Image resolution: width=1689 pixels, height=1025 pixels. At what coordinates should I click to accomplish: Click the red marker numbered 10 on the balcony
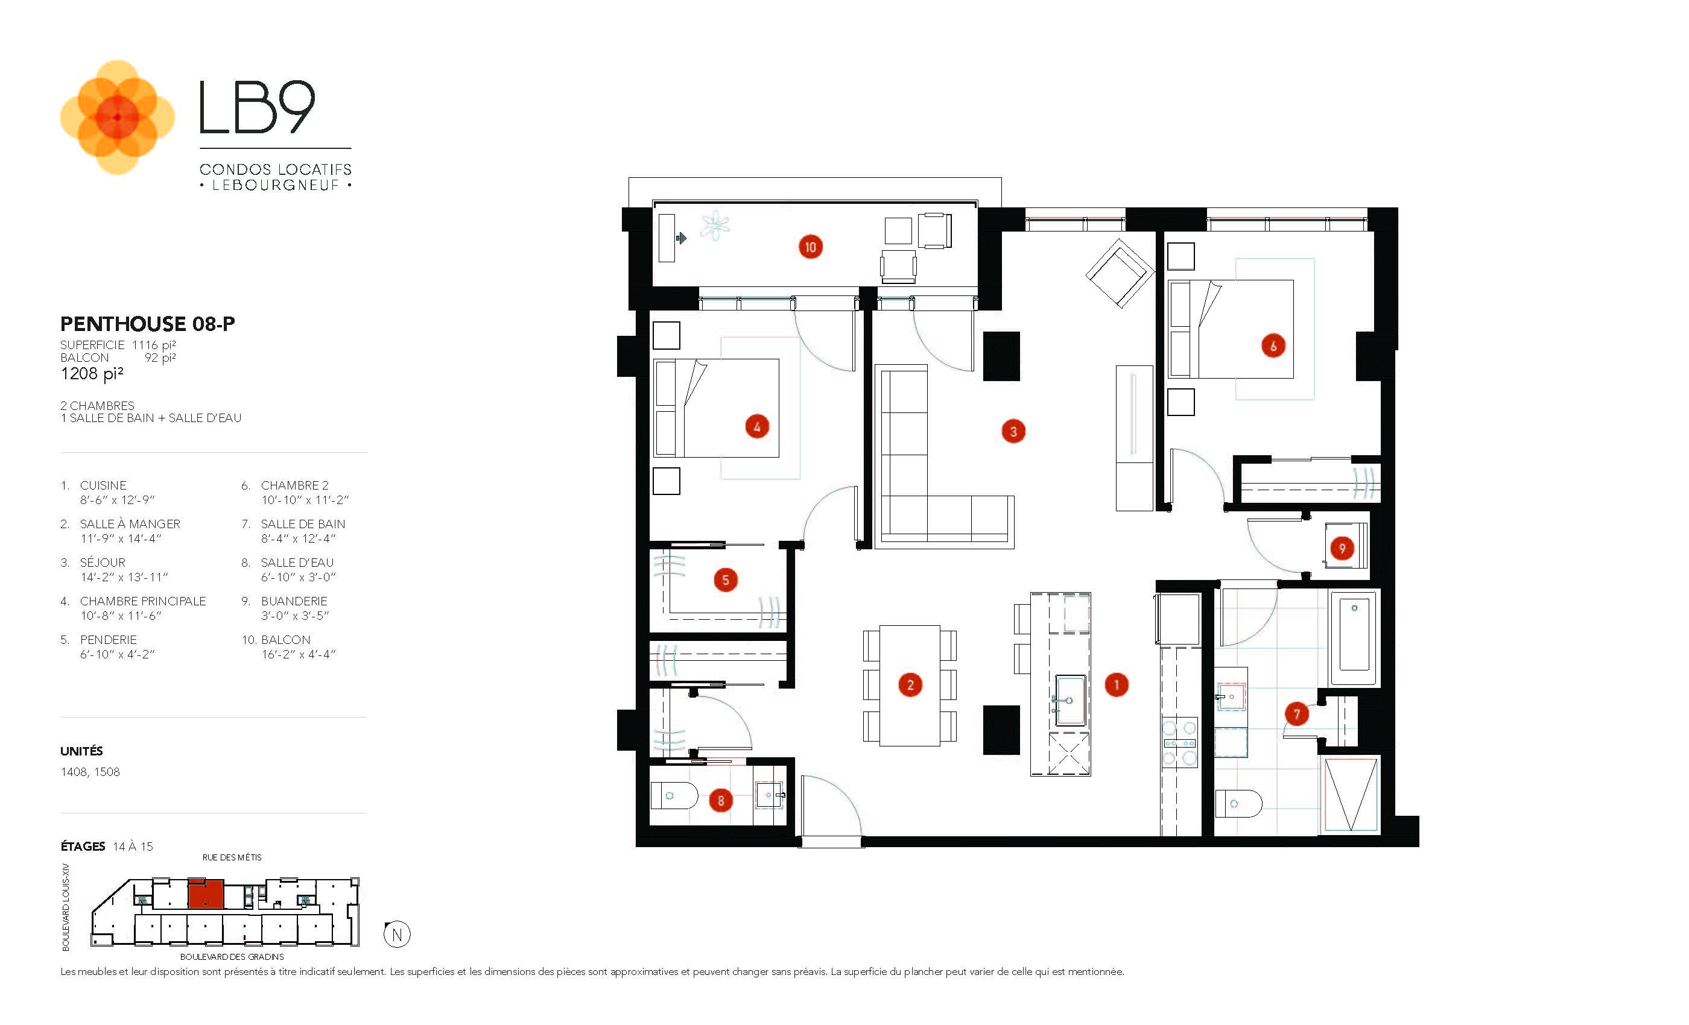tap(810, 247)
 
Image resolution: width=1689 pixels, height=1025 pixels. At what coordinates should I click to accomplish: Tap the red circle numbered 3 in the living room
tap(1013, 431)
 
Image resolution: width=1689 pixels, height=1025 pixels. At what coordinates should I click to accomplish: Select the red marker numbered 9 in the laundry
tap(1342, 548)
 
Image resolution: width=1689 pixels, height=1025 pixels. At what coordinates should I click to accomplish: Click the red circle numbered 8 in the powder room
tap(720, 800)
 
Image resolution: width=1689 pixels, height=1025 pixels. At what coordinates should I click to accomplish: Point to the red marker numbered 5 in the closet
tap(725, 579)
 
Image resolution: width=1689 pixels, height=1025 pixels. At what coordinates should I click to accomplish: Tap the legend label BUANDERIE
tap(294, 601)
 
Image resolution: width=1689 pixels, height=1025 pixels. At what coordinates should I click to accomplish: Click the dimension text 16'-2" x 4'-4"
tap(298, 654)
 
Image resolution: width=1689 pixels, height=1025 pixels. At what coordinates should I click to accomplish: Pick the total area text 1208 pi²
tap(92, 373)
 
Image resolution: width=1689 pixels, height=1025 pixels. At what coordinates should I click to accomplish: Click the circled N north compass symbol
tap(397, 934)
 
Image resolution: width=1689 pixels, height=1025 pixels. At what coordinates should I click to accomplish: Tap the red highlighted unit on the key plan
tap(206, 894)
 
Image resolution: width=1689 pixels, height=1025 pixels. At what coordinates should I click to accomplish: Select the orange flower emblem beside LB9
tap(117, 117)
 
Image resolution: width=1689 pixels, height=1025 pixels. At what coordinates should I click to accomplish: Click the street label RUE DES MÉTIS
tap(232, 857)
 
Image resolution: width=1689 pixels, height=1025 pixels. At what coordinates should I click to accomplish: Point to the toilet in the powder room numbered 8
tap(673, 795)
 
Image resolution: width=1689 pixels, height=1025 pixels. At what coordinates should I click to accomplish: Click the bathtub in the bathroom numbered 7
tap(1354, 637)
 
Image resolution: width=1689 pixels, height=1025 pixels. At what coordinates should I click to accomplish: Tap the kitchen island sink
tap(1070, 700)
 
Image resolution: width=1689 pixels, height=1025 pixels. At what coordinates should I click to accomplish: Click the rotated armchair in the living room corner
tap(1120, 273)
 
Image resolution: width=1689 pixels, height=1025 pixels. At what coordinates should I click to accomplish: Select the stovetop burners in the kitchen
tap(1179, 742)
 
